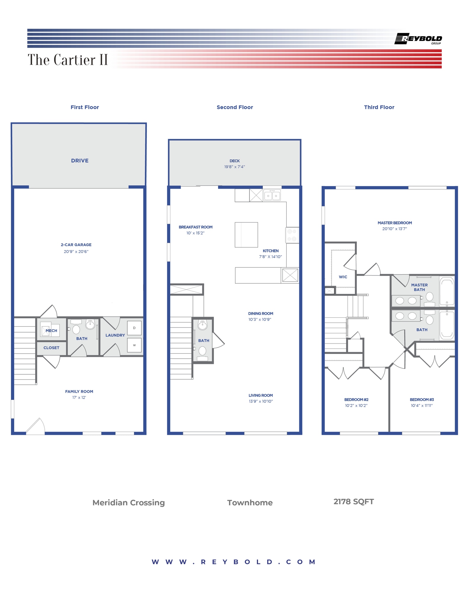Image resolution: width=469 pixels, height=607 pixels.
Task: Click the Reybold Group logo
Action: click(418, 39)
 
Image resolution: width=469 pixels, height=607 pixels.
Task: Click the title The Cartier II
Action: click(68, 60)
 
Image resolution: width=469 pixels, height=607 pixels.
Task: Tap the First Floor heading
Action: click(85, 107)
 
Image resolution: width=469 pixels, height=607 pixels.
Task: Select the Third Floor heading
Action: click(379, 107)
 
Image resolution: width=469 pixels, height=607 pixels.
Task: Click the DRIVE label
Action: click(80, 161)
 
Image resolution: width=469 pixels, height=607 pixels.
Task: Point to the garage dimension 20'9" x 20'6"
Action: click(76, 252)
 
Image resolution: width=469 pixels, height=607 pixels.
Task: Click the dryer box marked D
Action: click(134, 328)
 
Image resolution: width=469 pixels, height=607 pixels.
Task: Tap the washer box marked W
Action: click(134, 345)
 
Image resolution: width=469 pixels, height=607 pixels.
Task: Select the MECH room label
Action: click(51, 330)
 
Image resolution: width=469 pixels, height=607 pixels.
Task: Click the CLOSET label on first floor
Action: click(51, 348)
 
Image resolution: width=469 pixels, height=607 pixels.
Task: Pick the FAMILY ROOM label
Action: click(79, 392)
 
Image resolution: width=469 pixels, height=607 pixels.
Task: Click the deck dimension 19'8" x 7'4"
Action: click(234, 167)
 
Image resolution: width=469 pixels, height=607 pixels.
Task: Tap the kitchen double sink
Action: click(272, 196)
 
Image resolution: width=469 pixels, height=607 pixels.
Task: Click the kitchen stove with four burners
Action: click(292, 235)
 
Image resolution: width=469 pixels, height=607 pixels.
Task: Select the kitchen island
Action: click(246, 235)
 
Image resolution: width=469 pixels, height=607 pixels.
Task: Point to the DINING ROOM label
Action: click(260, 314)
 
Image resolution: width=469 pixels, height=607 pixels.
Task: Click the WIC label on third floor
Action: click(343, 277)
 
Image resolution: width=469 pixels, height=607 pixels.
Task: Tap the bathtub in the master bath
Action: click(446, 291)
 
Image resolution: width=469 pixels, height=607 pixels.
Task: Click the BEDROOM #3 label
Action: click(422, 400)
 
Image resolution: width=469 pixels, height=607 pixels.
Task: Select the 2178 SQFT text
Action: click(353, 501)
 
